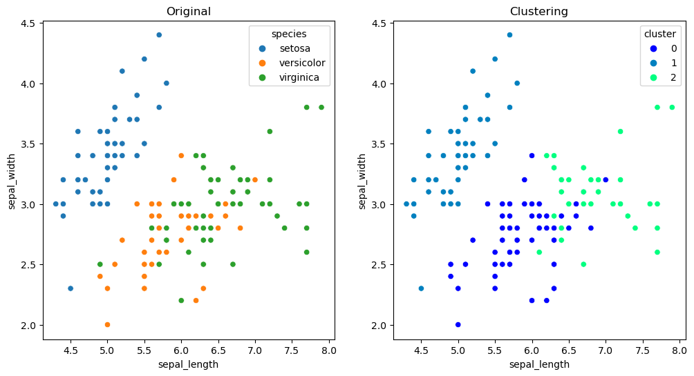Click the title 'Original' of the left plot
pos(189,11)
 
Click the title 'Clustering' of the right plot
pos(538,11)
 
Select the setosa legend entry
pos(294,49)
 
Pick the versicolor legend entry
pos(302,63)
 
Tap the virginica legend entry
pos(299,78)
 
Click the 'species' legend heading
pos(289,34)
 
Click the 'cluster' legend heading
pos(655,34)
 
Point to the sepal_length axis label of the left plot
pos(189,364)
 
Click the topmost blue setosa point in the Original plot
pos(159,34)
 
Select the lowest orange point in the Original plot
pos(107,324)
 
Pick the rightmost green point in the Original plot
pos(321,107)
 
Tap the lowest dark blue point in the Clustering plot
pos(458,324)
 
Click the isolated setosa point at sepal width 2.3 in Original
pos(71,288)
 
